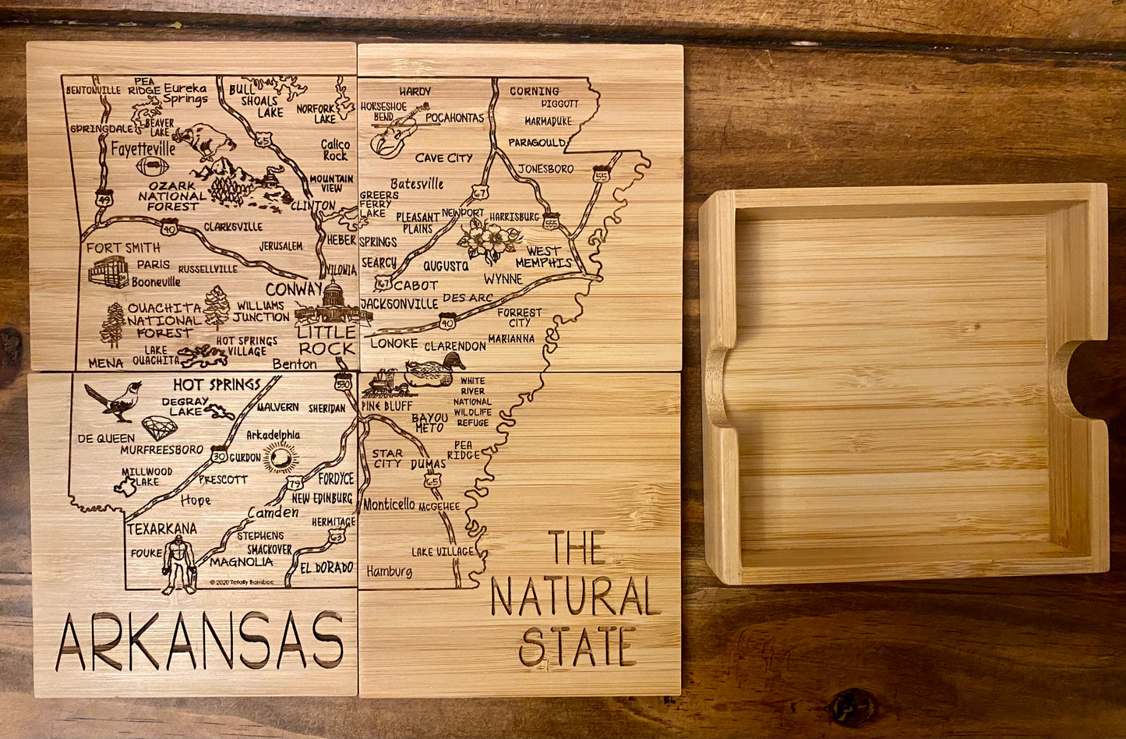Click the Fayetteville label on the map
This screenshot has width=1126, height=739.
pyautogui.click(x=143, y=148)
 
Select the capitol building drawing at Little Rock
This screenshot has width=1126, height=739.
pyautogui.click(x=333, y=304)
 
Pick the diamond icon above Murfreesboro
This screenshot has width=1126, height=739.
pyautogui.click(x=159, y=427)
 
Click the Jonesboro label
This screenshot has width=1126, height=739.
pyautogui.click(x=545, y=168)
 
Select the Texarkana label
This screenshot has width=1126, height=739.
pyautogui.click(x=162, y=529)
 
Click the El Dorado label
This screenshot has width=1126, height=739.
pyautogui.click(x=327, y=568)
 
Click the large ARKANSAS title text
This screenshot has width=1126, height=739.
pyautogui.click(x=201, y=641)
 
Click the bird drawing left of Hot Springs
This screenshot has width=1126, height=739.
pyautogui.click(x=115, y=401)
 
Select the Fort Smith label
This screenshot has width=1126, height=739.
pyautogui.click(x=123, y=248)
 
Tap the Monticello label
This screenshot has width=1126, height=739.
pyautogui.click(x=389, y=505)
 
